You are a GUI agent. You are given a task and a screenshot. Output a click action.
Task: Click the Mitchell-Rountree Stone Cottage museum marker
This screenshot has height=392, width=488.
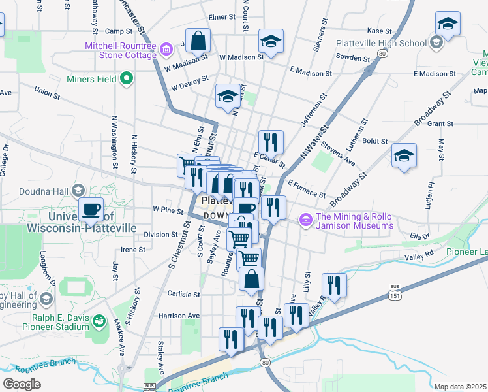[x=166, y=48]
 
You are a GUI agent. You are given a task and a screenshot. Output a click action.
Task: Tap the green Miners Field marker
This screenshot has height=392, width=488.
[x=127, y=80]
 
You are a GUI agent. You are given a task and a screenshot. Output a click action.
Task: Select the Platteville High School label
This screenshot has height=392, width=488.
[x=381, y=43]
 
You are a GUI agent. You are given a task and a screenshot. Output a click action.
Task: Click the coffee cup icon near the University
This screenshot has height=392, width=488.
[x=91, y=209]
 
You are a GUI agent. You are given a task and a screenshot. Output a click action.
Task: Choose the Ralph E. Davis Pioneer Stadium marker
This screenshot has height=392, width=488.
[x=99, y=320]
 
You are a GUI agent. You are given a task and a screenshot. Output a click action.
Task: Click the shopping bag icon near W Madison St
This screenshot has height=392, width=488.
[x=198, y=41]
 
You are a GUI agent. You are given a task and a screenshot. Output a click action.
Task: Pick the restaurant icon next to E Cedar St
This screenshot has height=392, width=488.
[x=271, y=141]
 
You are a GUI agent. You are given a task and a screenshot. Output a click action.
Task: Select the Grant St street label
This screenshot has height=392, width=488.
[x=440, y=123]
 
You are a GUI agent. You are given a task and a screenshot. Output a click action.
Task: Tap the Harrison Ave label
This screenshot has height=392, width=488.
[x=179, y=316]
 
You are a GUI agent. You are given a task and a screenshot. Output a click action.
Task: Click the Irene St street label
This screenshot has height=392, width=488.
[x=132, y=250]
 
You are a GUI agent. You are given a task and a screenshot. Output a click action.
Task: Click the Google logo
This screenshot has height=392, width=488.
[x=22, y=384]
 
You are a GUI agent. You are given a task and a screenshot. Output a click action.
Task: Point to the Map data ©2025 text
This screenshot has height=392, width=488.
[x=459, y=387]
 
